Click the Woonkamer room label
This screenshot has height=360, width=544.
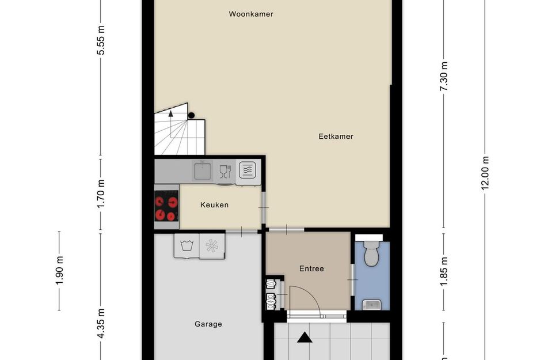click(x=250, y=14)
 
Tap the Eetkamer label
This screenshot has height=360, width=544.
click(x=336, y=137)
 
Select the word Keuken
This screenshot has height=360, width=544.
click(x=214, y=204)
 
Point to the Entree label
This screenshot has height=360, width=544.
click(x=311, y=268)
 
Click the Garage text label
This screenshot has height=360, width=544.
click(x=208, y=324)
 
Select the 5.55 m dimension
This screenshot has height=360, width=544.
click(x=101, y=41)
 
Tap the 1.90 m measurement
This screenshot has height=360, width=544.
click(x=60, y=271)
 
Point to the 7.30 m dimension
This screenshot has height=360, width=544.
click(x=443, y=75)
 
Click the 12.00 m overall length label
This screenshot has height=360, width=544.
click(x=485, y=173)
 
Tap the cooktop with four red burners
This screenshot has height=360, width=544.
click(x=166, y=209)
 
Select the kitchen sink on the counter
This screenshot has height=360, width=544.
click(x=202, y=170)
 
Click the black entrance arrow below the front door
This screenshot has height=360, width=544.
click(x=304, y=336)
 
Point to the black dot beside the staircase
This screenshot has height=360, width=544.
click(x=191, y=115)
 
